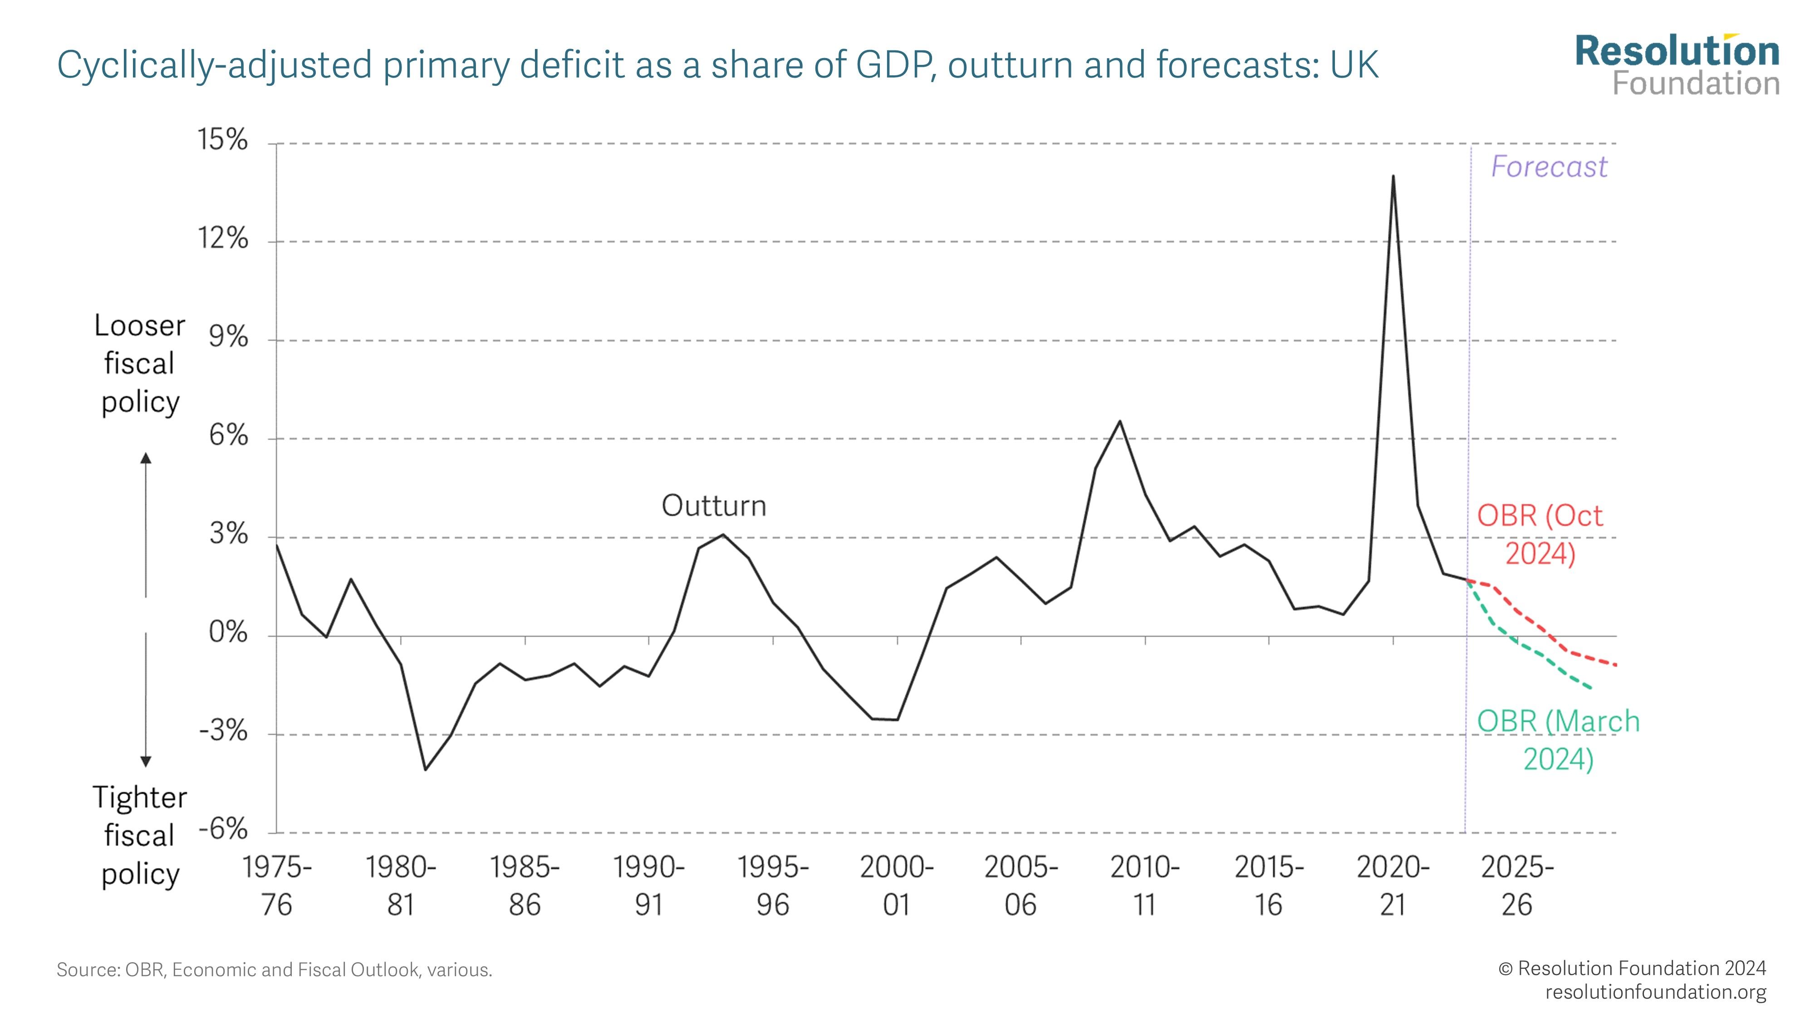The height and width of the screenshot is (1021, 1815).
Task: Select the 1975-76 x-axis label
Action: pyautogui.click(x=277, y=886)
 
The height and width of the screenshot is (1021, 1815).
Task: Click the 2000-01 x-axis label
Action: pyautogui.click(x=897, y=886)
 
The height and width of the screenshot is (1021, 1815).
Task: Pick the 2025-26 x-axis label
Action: pyautogui.click(x=1517, y=886)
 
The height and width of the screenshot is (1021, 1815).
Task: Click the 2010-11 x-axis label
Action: pyautogui.click(x=1145, y=886)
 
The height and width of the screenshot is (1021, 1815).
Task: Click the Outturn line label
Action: pyautogui.click(x=714, y=506)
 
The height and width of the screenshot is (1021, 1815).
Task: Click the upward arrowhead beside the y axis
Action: pyautogui.click(x=146, y=458)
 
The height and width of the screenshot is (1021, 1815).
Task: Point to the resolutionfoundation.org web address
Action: pyautogui.click(x=1655, y=992)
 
